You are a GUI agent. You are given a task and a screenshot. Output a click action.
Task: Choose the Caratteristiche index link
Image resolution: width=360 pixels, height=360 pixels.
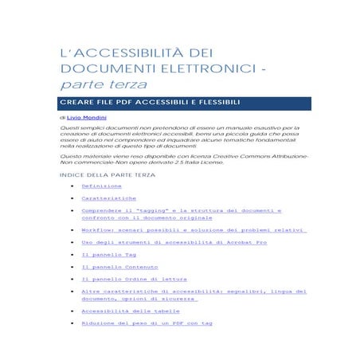108,198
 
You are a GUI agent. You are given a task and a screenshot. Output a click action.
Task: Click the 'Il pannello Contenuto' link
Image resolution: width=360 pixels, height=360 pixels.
119,267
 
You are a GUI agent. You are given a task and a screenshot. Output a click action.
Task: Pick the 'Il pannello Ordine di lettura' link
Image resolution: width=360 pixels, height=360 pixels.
135,280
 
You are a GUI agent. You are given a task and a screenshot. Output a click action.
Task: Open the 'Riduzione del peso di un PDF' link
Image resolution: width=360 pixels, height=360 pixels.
147,323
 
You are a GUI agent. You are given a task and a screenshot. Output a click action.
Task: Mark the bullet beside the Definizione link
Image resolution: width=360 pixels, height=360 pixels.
72,186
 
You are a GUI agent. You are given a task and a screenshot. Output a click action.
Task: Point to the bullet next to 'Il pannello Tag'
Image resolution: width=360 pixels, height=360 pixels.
72,255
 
